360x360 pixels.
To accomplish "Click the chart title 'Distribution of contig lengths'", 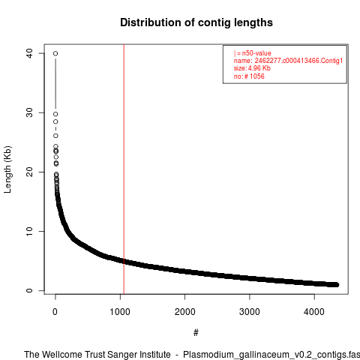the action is [x=196, y=22].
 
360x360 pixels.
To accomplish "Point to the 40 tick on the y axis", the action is [x=29, y=53].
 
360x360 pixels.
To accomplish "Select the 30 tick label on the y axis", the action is [x=29, y=112].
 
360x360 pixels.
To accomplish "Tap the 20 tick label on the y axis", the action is [x=29, y=172].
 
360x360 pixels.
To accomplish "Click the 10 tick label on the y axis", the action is [x=29, y=231].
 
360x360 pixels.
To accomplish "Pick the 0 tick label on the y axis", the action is [x=29, y=290].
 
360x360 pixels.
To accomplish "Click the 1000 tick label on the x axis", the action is [x=120, y=312].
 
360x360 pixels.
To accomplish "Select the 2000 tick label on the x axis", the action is [x=184, y=312].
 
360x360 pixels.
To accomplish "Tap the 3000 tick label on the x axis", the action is [x=250, y=312].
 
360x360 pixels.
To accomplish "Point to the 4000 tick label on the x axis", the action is [x=314, y=312].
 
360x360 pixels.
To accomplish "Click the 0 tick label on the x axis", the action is [x=55, y=312].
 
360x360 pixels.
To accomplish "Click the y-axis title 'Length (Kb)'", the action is [x=7, y=169].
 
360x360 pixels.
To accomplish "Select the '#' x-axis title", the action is [x=196, y=333].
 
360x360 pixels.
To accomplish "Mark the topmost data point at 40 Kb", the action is [x=55, y=53].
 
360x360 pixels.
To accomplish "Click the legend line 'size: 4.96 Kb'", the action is [x=252, y=68].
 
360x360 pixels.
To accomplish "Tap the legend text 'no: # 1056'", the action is [x=249, y=76].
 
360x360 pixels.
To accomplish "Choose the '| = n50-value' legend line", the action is [x=253, y=53].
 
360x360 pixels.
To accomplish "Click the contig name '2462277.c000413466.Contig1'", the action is [x=298, y=61].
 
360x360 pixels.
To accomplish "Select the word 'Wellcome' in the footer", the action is [x=62, y=355].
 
